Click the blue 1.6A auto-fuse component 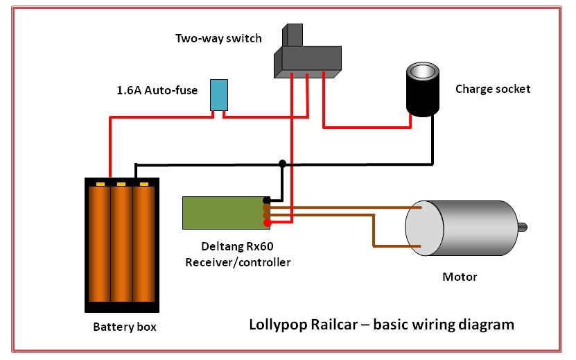[x=219, y=95]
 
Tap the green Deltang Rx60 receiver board [x=226, y=213]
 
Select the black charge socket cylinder [x=422, y=89]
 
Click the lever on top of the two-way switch [x=293, y=35]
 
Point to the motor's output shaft [x=523, y=228]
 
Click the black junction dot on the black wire [x=282, y=163]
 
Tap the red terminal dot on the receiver [x=268, y=223]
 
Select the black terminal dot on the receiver [x=267, y=200]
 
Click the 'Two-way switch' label [x=218, y=38]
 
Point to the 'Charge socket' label [x=493, y=89]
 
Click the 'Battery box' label [x=125, y=327]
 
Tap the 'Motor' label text [x=460, y=277]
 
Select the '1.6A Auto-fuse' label [x=157, y=90]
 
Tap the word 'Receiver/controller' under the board [x=238, y=262]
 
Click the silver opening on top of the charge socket [x=423, y=71]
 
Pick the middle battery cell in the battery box [x=121, y=243]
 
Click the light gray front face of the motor [x=424, y=228]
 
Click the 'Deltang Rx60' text [x=237, y=246]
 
